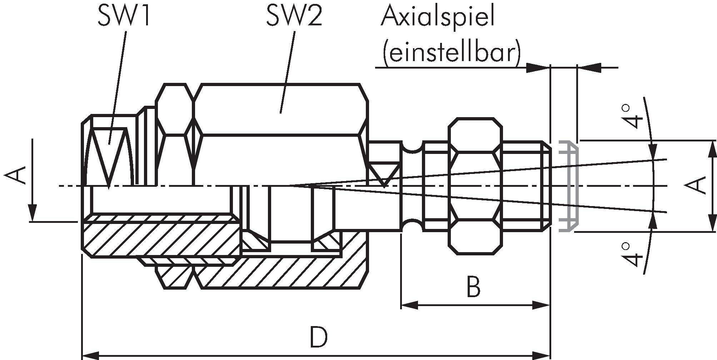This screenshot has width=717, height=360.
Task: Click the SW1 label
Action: pos(124,16)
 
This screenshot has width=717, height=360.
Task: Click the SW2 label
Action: pos(294,16)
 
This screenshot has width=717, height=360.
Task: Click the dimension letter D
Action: pos(318,337)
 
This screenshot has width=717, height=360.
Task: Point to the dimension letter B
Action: pos(473,287)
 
